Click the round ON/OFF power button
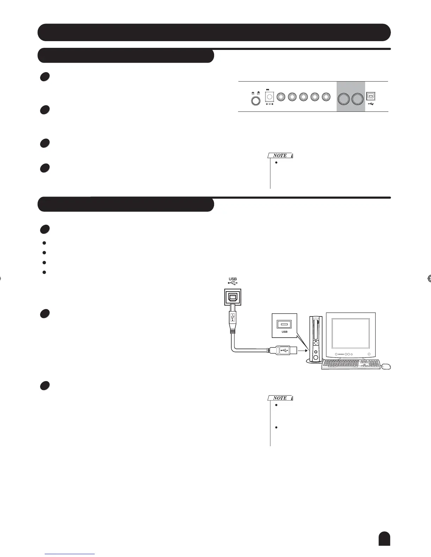(x=256, y=101)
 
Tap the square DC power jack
(x=269, y=97)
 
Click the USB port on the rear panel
(x=371, y=96)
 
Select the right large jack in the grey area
(x=357, y=99)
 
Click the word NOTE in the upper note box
(x=280, y=155)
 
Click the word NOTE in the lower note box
(x=280, y=398)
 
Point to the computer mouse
(x=386, y=366)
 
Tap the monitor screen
(x=351, y=333)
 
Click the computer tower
(x=316, y=339)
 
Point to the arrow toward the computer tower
(x=302, y=350)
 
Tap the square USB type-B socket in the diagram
(x=232, y=297)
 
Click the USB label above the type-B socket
(x=232, y=279)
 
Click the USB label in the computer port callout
(x=285, y=332)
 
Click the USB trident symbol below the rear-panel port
(x=371, y=104)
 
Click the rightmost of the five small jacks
(x=326, y=97)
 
